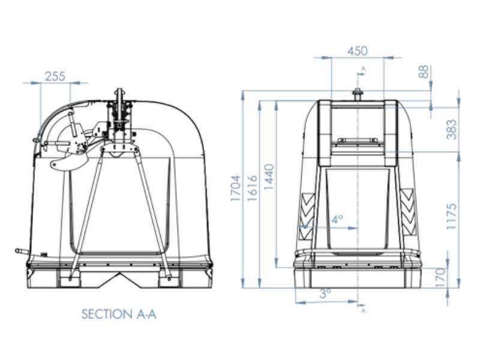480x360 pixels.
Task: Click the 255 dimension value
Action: tap(55, 76)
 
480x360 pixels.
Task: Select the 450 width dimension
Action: tap(358, 51)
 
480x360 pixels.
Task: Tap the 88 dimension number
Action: tap(424, 71)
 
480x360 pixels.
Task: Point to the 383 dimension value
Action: tap(452, 129)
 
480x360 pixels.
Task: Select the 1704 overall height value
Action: tap(236, 188)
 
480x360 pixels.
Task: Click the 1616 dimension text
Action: tap(252, 188)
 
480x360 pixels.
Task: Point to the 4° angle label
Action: tap(337, 220)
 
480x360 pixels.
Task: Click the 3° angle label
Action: tap(325, 294)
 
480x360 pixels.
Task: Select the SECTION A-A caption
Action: tap(119, 314)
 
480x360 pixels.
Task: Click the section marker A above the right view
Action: tap(362, 70)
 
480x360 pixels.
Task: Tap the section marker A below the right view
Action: tap(362, 310)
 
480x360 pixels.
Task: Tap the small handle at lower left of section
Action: tap(22, 251)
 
